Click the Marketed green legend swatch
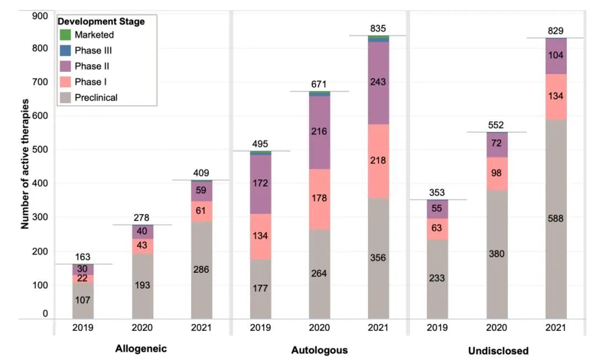pyautogui.click(x=65, y=35)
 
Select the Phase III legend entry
pyautogui.click(x=95, y=50)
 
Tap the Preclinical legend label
pyautogui.click(x=96, y=98)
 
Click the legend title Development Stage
pyautogui.click(x=102, y=22)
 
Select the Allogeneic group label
pyautogui.click(x=141, y=348)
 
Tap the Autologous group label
pyautogui.click(x=320, y=350)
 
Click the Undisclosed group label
pyautogui.click(x=498, y=350)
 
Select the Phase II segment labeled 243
pyautogui.click(x=378, y=82)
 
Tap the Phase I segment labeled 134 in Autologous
pyautogui.click(x=260, y=236)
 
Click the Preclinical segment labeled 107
pyautogui.click(x=83, y=300)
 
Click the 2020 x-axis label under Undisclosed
pyautogui.click(x=497, y=327)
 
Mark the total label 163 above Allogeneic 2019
pyautogui.click(x=83, y=257)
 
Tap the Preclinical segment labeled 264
pyautogui.click(x=320, y=273)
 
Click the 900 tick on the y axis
pyautogui.click(x=41, y=16)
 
